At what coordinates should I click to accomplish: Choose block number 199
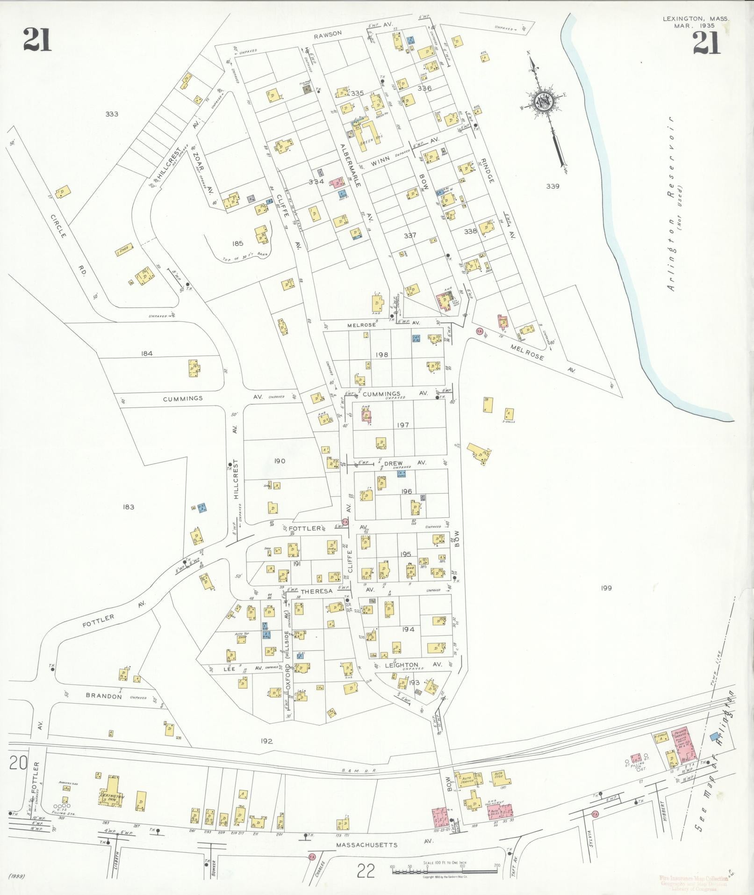(606, 588)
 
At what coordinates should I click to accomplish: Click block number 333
(112, 114)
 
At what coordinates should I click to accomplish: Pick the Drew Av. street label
(403, 463)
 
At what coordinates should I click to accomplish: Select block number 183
(129, 507)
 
